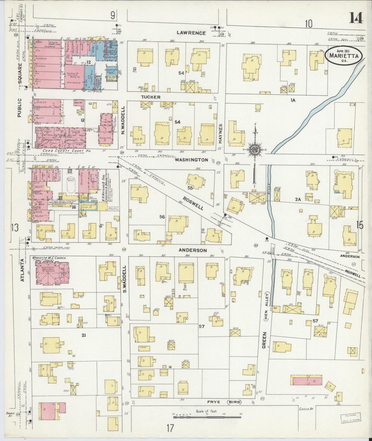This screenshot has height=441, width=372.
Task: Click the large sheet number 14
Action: (356, 18)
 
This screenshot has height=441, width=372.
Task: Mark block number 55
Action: (190, 188)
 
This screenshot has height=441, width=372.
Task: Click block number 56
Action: (162, 217)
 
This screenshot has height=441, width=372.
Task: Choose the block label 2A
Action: (298, 199)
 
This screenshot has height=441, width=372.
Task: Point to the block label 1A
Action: (293, 100)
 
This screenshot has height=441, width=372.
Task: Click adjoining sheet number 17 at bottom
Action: (170, 428)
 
